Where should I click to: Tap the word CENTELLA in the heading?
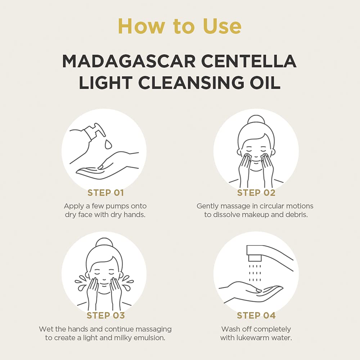tap(249, 61)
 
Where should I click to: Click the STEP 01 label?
tap(105, 193)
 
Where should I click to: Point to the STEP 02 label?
tap(256, 193)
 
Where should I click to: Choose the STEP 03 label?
tap(105, 315)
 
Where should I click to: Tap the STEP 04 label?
tap(256, 315)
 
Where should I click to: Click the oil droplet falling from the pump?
tap(108, 144)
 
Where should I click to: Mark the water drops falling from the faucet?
tap(255, 273)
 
